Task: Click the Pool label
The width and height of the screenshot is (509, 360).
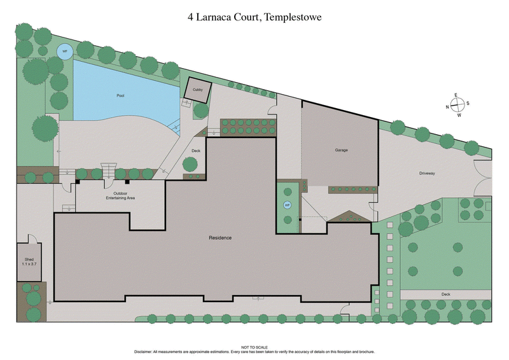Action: tap(120, 95)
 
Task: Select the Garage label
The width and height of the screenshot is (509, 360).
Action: tap(342, 150)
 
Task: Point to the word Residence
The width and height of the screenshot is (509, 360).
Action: tap(220, 238)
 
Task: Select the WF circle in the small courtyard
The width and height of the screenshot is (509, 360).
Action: tap(287, 205)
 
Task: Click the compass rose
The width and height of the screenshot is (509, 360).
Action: tap(456, 106)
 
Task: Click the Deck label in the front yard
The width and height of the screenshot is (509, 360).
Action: tap(445, 294)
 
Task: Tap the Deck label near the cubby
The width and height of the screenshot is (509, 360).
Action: tap(196, 151)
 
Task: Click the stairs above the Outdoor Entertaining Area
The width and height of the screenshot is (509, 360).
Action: tap(109, 172)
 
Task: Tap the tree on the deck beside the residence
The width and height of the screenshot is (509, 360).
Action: tap(189, 164)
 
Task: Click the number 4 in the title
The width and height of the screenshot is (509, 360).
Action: tap(190, 17)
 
